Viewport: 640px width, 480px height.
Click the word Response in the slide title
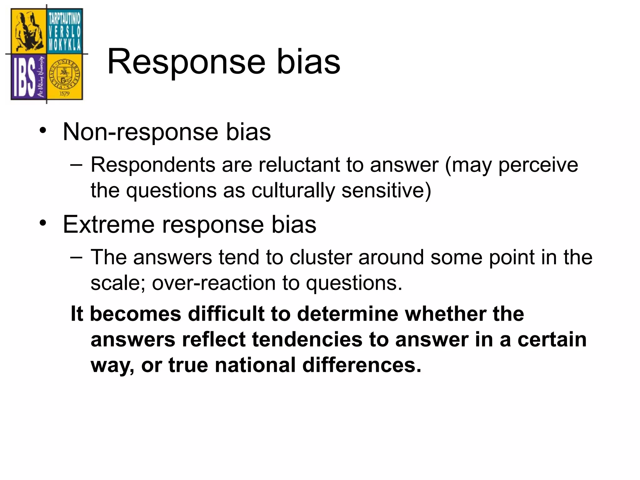point(186,62)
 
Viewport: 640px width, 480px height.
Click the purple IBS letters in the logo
point(24,77)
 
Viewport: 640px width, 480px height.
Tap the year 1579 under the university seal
point(65,93)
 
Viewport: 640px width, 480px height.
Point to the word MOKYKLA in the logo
point(65,46)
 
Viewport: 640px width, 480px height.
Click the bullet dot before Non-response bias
point(43,131)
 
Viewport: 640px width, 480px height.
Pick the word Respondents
point(153,165)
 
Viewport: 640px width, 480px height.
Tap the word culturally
point(293,190)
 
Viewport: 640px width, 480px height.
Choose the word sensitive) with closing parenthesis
point(386,190)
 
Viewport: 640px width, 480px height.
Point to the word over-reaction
point(213,283)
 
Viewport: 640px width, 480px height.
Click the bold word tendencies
point(307,339)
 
